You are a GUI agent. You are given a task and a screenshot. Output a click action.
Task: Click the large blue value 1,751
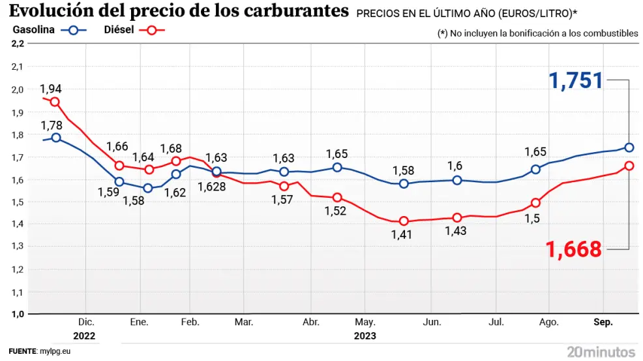click(576, 81)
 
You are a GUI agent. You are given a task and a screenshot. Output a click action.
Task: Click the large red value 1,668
click(573, 249)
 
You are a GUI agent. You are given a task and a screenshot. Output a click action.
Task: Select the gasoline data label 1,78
click(51, 125)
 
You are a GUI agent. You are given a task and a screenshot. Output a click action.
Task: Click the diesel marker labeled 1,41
click(404, 221)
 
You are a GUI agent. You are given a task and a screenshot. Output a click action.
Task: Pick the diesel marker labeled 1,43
click(457, 217)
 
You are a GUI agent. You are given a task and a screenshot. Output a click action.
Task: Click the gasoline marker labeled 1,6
click(457, 180)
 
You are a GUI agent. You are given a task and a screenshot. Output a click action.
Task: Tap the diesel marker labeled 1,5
click(536, 202)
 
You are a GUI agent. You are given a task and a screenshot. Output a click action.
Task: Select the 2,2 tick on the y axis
click(18, 44)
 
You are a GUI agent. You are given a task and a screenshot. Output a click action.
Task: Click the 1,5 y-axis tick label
click(18, 202)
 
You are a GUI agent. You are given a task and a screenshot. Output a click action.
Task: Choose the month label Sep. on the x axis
click(603, 322)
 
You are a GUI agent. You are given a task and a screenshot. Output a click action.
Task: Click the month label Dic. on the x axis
click(86, 322)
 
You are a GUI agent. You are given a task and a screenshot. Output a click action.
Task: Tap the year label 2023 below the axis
click(365, 336)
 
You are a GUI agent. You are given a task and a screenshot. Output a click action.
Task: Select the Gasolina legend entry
click(33, 30)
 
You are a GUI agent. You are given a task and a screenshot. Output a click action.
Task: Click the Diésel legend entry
click(119, 30)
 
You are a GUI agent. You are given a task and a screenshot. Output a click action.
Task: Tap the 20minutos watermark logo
click(600, 351)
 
